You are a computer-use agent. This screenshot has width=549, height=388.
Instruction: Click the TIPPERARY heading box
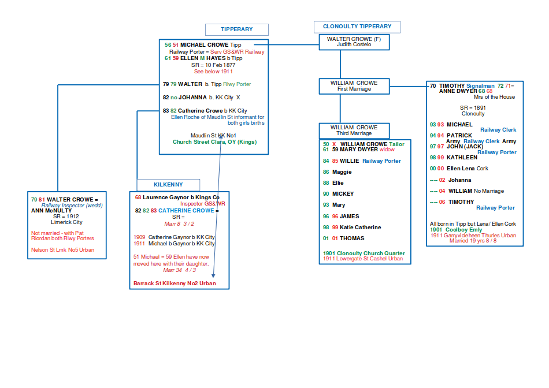point(237,29)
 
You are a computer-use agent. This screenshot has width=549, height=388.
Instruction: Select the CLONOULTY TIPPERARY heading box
point(357,27)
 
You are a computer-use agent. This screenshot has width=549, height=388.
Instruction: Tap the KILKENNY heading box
point(168,185)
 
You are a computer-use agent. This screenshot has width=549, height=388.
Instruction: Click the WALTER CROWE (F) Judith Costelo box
point(354,42)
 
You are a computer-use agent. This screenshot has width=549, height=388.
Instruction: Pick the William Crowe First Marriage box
point(354,86)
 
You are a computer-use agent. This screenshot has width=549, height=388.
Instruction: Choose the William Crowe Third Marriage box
point(354,130)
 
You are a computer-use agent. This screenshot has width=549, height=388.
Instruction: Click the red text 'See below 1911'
point(213,72)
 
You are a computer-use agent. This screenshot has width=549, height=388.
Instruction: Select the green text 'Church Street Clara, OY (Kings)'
point(214,142)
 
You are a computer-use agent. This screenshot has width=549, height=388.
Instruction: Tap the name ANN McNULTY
point(51,211)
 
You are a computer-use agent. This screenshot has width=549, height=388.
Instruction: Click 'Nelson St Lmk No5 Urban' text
point(62,250)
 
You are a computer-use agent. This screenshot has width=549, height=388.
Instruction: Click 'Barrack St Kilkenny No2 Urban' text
point(175,283)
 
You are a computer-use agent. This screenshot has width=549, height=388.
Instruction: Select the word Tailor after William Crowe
point(397,144)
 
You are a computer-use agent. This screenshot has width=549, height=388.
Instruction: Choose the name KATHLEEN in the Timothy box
point(462,158)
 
